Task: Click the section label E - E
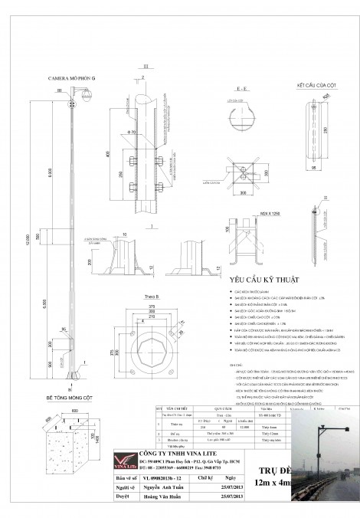click(x=241, y=90)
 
